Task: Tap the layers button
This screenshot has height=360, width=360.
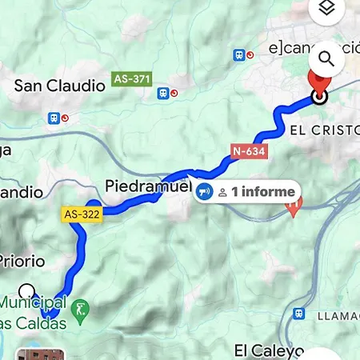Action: click(x=326, y=10)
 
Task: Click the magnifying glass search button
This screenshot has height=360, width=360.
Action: click(x=326, y=58)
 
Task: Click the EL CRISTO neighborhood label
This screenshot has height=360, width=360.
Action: click(x=323, y=128)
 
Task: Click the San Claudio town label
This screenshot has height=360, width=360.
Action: click(x=60, y=84)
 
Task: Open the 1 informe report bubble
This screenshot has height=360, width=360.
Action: click(x=247, y=192)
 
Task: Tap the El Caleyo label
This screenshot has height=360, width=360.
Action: click(x=269, y=350)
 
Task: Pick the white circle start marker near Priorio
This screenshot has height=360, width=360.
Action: click(x=28, y=290)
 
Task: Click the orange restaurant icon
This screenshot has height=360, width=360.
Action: click(x=294, y=207)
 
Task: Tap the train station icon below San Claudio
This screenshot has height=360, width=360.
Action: click(x=55, y=118)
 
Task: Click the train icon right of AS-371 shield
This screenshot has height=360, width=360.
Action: click(x=164, y=93)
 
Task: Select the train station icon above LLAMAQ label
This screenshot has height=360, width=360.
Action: click(x=299, y=314)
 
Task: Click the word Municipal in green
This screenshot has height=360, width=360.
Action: click(x=32, y=303)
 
